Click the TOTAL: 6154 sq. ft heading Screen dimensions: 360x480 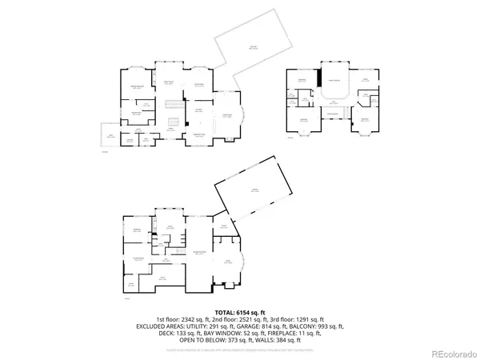pos(240,311)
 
